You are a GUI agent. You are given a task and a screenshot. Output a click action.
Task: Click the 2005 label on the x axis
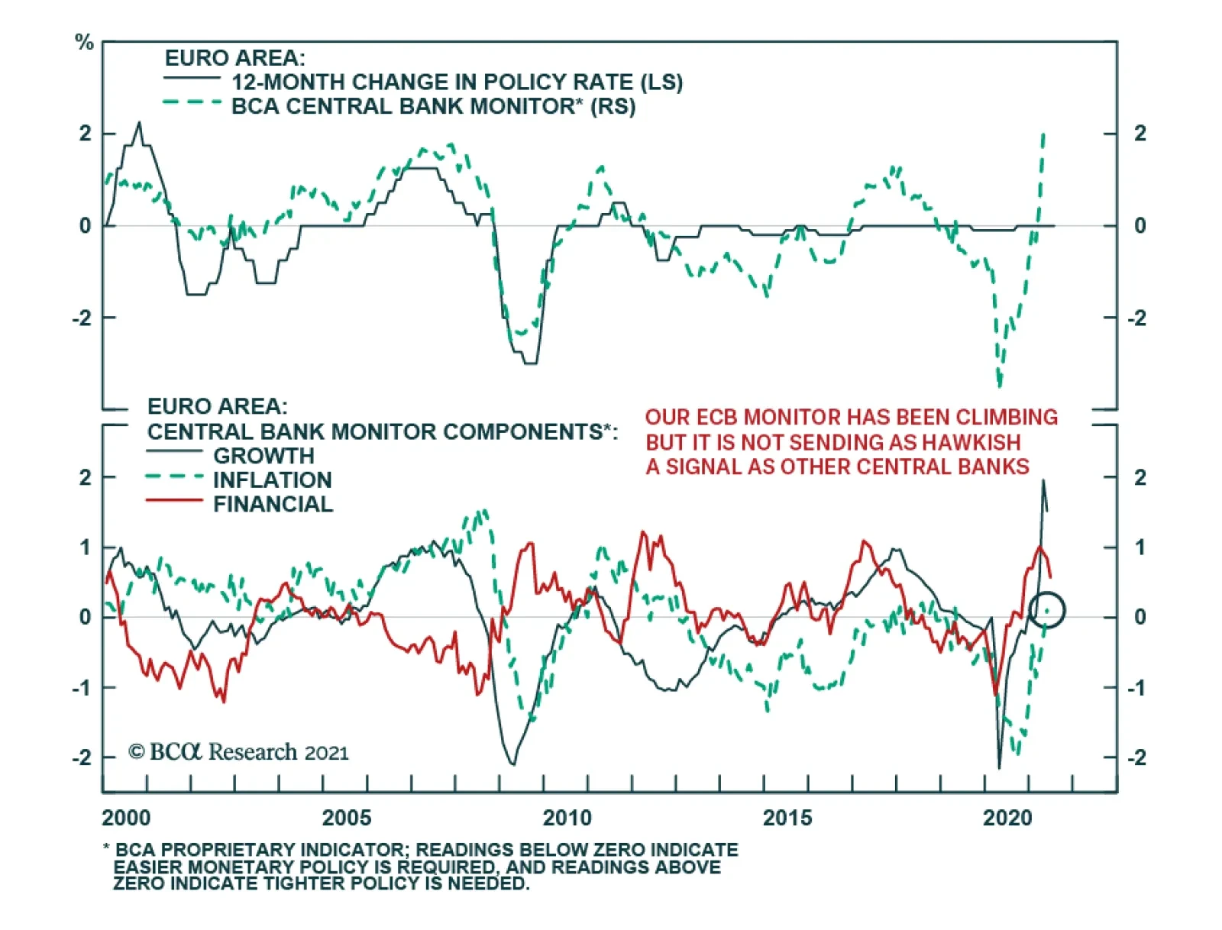click(x=346, y=818)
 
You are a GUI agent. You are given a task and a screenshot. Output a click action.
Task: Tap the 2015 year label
click(x=787, y=818)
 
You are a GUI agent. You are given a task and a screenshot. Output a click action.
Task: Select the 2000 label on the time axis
click(x=126, y=818)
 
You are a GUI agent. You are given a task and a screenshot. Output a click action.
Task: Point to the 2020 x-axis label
click(x=1007, y=818)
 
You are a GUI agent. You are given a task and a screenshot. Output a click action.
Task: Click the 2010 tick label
click(x=567, y=818)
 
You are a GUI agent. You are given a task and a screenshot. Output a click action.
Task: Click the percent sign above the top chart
click(x=84, y=43)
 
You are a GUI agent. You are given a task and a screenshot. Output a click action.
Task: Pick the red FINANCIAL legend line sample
click(x=174, y=500)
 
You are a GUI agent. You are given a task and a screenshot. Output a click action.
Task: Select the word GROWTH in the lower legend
click(x=263, y=456)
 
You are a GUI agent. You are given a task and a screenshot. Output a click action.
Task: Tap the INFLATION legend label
click(x=272, y=480)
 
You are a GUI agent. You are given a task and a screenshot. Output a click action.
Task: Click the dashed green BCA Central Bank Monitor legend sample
click(x=192, y=102)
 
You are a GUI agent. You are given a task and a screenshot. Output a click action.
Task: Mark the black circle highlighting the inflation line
click(x=1046, y=610)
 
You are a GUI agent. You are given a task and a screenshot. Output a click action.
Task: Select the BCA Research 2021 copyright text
click(x=238, y=752)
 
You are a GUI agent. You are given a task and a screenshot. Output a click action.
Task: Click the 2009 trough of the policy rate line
click(x=530, y=363)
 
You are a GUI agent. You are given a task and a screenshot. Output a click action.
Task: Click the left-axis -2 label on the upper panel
click(x=82, y=318)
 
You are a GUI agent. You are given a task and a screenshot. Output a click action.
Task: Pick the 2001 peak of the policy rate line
click(x=138, y=122)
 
